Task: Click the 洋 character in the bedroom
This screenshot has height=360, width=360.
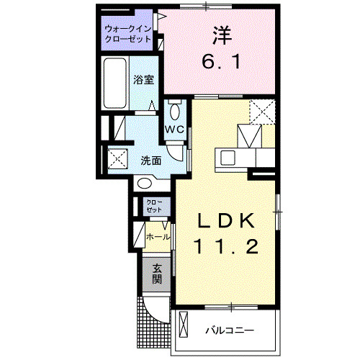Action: click(220, 34)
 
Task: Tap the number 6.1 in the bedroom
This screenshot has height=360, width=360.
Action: click(220, 63)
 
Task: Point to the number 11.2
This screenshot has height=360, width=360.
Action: click(223, 247)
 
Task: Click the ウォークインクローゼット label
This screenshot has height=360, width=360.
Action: click(128, 34)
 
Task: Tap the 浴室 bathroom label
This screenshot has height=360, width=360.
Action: click(143, 81)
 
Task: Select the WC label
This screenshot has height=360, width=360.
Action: click(176, 130)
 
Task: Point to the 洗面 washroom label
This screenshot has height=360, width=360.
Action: click(150, 161)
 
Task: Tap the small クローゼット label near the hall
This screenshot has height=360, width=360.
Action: click(154, 206)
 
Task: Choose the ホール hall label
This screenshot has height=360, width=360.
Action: click(158, 236)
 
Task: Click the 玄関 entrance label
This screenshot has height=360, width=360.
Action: click(156, 274)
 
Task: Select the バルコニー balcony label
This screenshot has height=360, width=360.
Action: click(229, 330)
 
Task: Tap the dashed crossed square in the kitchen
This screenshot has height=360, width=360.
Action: click(263, 112)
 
